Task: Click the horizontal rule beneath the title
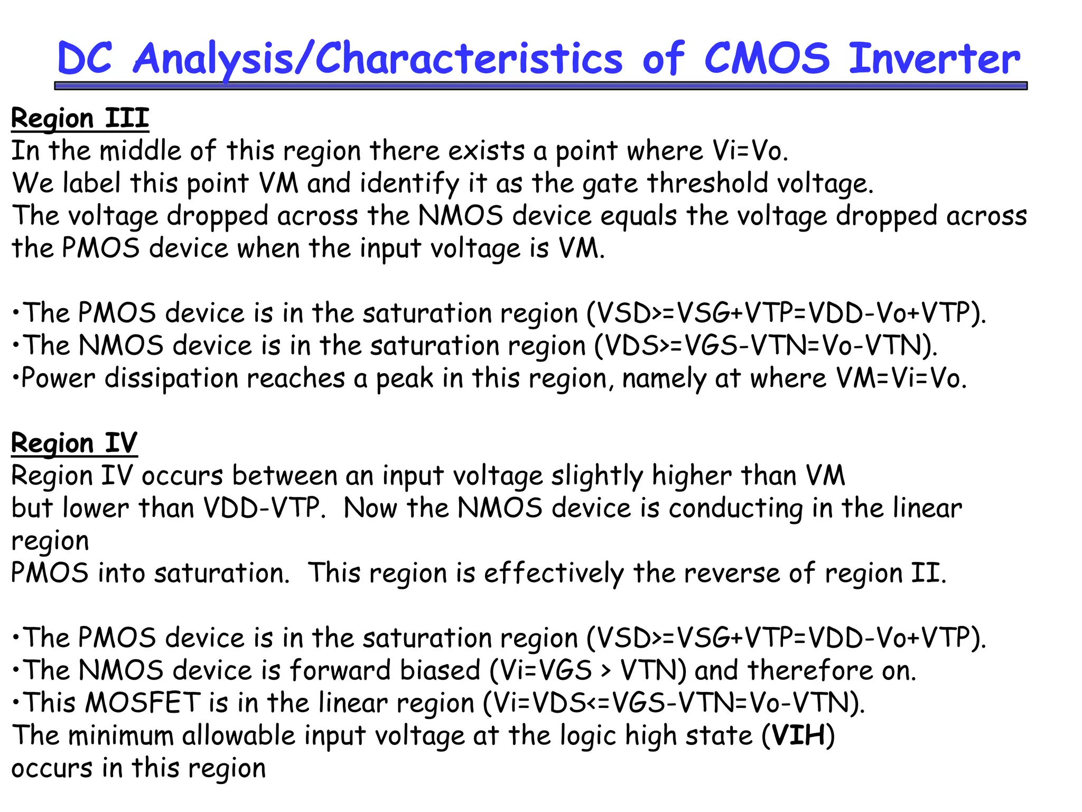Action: click(x=540, y=86)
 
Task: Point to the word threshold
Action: click(x=707, y=183)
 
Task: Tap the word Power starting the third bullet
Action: click(x=58, y=379)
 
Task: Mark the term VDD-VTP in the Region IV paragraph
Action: click(x=262, y=508)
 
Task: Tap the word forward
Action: click(x=341, y=670)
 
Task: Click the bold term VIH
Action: click(x=798, y=735)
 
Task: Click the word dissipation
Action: click(x=172, y=379)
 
